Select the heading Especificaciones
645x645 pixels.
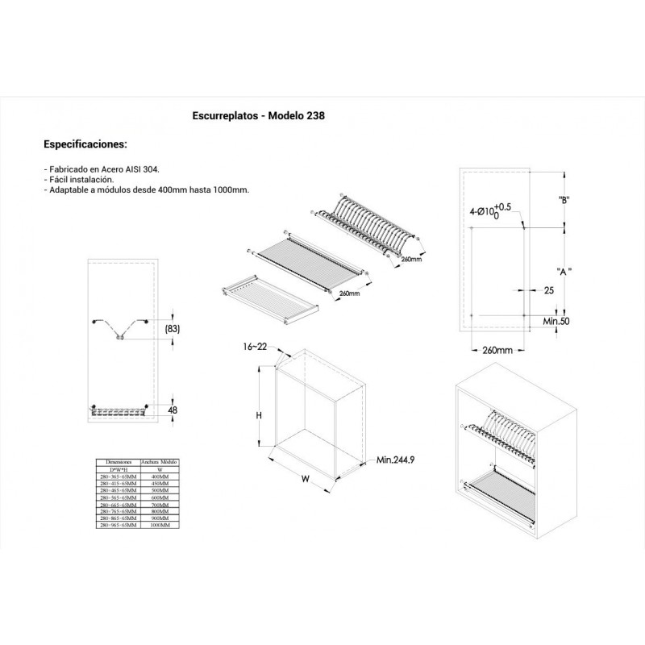tap(85, 145)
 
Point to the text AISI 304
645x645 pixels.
tap(143, 170)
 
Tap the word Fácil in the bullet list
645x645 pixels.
tap(61, 180)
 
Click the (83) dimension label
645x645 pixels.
tap(171, 329)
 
